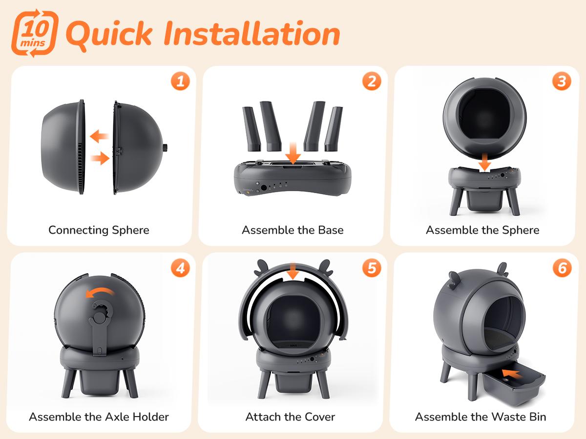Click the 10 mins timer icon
click(34, 33)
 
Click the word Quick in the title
click(109, 35)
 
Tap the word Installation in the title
click(252, 33)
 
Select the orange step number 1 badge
click(181, 81)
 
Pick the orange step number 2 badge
click(372, 81)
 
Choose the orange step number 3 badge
click(562, 81)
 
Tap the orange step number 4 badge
click(181, 268)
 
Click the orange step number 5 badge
click(372, 268)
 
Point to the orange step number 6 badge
click(562, 268)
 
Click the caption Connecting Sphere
click(99, 230)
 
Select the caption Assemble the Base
click(293, 230)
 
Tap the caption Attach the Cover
click(290, 417)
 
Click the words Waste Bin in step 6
click(519, 417)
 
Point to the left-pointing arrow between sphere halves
click(99, 136)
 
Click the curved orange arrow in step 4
click(99, 292)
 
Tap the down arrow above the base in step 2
click(293, 153)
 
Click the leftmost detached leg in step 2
click(251, 129)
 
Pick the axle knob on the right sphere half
click(165, 147)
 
